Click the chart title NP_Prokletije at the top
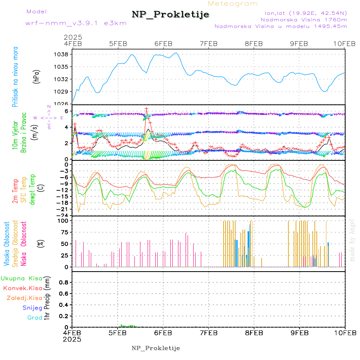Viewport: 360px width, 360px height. point(170,14)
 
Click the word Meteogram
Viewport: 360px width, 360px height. point(233,4)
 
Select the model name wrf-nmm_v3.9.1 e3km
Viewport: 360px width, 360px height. point(76,23)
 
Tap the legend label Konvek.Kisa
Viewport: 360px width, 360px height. point(23,288)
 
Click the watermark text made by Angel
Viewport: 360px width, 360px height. point(352,240)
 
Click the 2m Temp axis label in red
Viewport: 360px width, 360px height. point(15,191)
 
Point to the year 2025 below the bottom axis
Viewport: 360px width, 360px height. point(72,339)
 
